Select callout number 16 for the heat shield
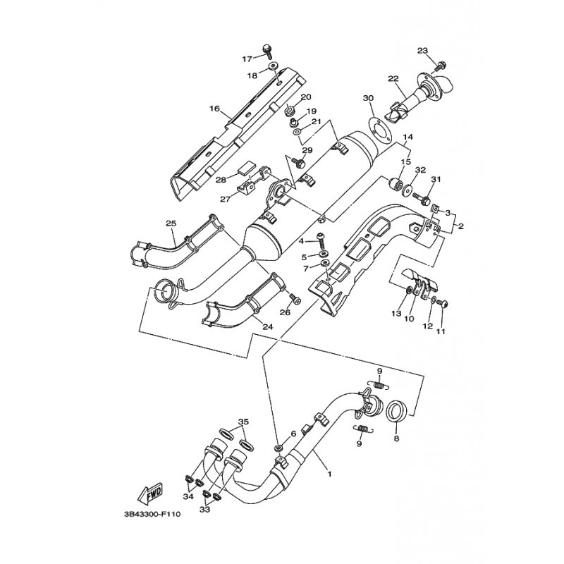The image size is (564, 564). tap(214, 109)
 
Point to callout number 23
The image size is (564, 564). tap(422, 50)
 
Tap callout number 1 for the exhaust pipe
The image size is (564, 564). tap(329, 474)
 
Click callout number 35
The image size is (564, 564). tap(243, 421)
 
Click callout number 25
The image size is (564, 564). tap(171, 223)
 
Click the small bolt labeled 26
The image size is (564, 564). tap(295, 298)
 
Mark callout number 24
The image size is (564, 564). tap(268, 327)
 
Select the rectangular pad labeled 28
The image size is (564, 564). tap(247, 166)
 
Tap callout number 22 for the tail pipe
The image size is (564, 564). tap(393, 79)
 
